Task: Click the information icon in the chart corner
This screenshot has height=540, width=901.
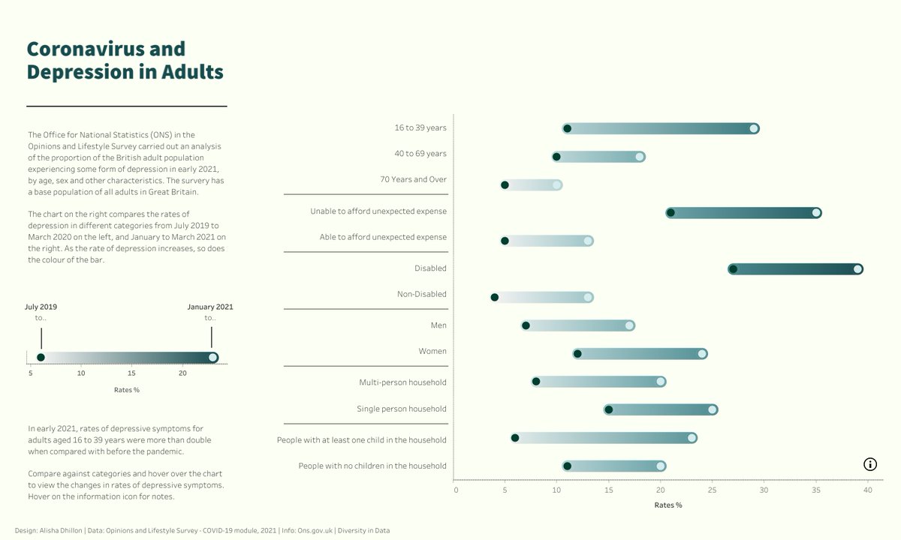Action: coord(869,464)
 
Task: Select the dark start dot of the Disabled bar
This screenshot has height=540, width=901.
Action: coord(733,269)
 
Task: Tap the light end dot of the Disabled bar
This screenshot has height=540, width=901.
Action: coord(857,269)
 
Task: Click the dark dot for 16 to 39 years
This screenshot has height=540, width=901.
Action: coord(567,129)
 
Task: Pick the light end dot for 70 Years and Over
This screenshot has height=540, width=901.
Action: coord(556,185)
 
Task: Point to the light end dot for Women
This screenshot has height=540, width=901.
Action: coord(702,354)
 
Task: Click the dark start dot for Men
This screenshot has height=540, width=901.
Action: coord(526,325)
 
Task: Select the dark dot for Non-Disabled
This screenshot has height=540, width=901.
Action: coord(494,298)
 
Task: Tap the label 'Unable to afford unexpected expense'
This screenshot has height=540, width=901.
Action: coord(378,211)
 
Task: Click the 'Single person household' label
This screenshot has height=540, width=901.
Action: coord(401,409)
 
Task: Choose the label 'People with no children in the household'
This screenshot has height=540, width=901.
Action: coord(372,466)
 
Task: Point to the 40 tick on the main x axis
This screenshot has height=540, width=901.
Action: coord(867,490)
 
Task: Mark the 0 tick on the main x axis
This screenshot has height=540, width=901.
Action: coord(456,490)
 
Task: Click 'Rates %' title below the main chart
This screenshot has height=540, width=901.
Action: coord(667,505)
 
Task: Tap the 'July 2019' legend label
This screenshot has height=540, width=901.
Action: coord(41,307)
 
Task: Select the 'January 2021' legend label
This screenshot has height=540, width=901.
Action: coord(209,307)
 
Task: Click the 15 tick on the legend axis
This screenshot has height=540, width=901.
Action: coord(131,373)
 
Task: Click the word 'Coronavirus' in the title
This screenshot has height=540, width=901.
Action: coord(106,49)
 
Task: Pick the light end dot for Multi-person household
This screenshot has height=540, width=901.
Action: coord(661,382)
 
